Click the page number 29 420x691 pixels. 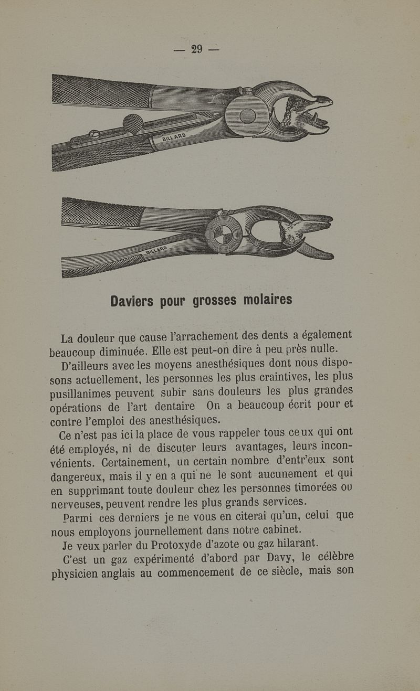click(x=197, y=49)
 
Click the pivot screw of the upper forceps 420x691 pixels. click(x=247, y=116)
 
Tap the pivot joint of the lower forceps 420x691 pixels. click(x=224, y=235)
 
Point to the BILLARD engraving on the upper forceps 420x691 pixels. click(x=174, y=138)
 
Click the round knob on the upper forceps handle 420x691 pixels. click(x=132, y=124)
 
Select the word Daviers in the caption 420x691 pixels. click(x=132, y=301)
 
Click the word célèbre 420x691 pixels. click(x=337, y=556)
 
